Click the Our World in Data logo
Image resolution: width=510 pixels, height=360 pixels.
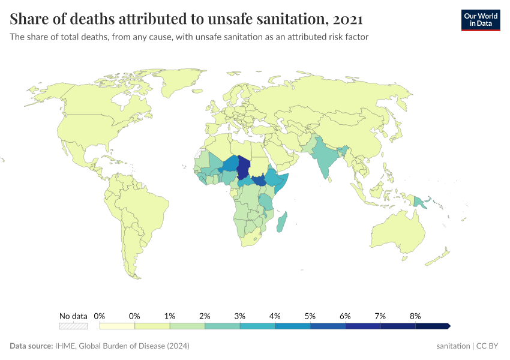tap(480, 20)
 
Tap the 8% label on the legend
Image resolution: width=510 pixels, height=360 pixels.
tap(415, 316)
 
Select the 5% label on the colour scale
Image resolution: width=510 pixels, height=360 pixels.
tap(310, 316)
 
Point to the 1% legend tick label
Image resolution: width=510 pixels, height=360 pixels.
tap(170, 316)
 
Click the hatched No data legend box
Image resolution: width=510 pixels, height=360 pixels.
tap(73, 326)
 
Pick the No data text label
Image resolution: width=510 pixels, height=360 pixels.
tap(73, 316)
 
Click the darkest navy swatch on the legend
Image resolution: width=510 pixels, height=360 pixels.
tap(432, 326)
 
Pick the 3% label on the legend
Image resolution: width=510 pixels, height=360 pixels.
tap(240, 316)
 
